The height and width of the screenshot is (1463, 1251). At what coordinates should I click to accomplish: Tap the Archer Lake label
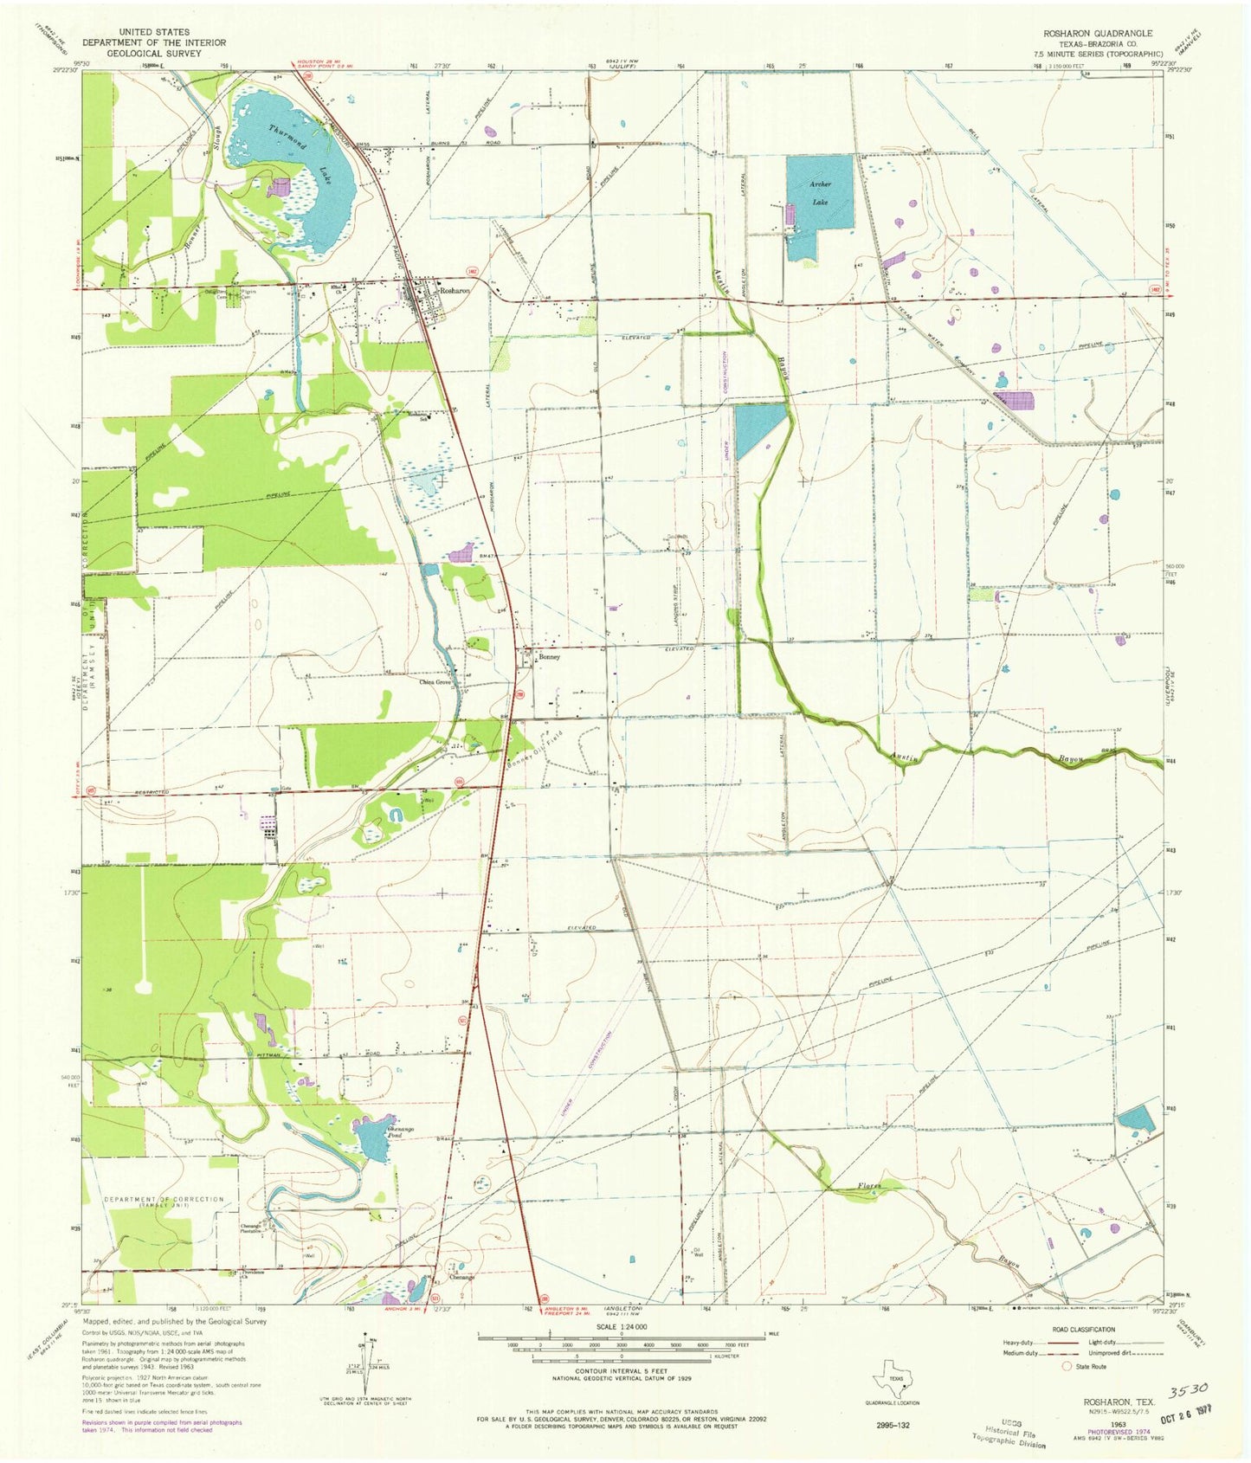tap(820, 193)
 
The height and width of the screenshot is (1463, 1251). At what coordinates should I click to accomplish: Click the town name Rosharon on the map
tap(455, 291)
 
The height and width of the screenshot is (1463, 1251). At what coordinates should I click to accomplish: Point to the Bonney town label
tap(550, 657)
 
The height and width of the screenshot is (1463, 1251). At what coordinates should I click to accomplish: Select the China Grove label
tap(435, 682)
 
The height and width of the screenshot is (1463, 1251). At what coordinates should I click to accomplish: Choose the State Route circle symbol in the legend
tap(1067, 1367)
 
